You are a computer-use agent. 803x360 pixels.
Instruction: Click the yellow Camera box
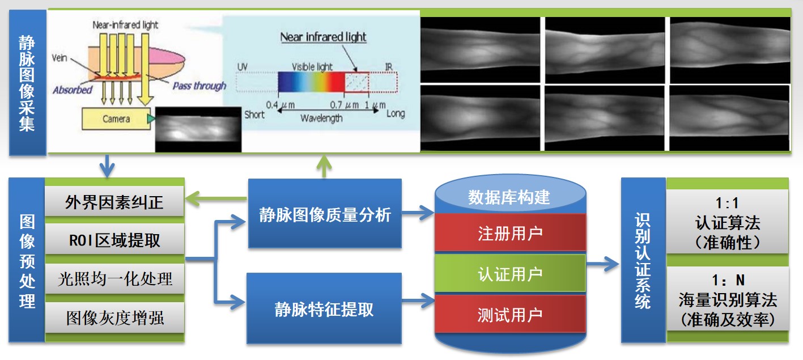pos(116,118)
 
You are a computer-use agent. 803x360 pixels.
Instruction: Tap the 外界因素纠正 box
pos(114,202)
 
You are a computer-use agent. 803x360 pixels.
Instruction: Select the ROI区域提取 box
pos(114,239)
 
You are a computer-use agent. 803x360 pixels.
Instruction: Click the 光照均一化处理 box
pos(114,278)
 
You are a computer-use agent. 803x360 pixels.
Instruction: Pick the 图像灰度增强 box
pos(114,317)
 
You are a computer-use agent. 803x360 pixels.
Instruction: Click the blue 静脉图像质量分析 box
pos(325,214)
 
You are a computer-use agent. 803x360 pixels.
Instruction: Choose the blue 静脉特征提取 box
pos(324,309)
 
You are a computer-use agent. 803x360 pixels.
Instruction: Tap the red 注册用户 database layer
pos(510,233)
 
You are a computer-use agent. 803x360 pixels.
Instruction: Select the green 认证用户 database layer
pos(510,274)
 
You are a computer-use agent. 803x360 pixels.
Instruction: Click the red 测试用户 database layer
pos(510,314)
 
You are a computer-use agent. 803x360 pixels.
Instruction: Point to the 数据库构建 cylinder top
pos(510,196)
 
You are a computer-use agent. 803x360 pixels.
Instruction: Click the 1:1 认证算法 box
pos(728,222)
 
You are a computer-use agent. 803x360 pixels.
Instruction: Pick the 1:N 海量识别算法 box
pos(728,299)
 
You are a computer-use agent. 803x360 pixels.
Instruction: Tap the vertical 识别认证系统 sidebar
pos(643,260)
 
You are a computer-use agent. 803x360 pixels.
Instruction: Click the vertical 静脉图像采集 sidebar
pos(27,82)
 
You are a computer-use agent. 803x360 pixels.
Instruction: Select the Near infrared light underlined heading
pos(323,37)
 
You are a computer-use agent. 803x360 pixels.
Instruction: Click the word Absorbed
pos(73,90)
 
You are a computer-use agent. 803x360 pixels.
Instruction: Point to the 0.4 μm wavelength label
pos(281,105)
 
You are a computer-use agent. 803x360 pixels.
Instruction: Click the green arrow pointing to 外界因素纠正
pos(216,198)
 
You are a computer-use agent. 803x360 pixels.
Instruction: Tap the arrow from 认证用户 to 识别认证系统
pos(602,265)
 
